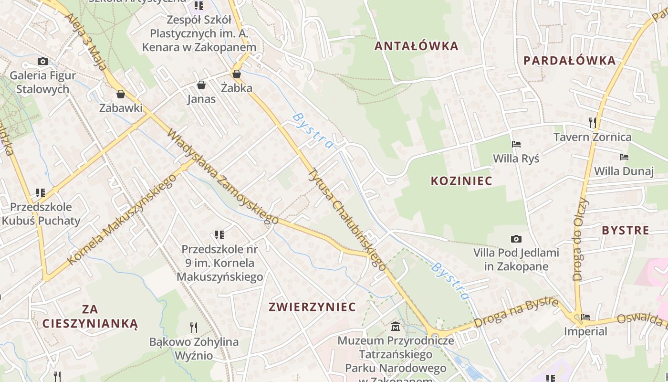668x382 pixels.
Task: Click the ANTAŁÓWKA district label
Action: point(416,46)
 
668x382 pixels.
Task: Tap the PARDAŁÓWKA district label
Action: point(569,61)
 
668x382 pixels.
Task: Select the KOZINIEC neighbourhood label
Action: point(461,180)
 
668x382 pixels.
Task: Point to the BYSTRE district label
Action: point(625,230)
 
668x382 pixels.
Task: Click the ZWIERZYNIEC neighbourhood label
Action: point(312,307)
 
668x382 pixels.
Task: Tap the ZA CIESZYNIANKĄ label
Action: point(90,316)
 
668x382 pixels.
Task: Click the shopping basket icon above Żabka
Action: point(236,74)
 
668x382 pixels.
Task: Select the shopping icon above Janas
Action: point(201,85)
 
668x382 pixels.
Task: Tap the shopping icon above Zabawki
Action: point(121,94)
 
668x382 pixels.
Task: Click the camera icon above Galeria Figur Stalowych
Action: point(43,61)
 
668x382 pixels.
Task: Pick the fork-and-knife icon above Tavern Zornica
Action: point(593,123)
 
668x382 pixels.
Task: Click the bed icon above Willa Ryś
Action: point(516,144)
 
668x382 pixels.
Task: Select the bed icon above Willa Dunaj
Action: point(624,157)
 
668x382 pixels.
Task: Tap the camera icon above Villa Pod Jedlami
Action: point(516,239)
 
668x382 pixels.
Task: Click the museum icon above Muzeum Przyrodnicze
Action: point(396,327)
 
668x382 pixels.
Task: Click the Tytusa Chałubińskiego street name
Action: point(346,220)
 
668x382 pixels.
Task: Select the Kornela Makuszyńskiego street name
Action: point(122,220)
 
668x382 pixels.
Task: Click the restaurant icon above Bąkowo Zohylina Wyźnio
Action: point(194,327)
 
